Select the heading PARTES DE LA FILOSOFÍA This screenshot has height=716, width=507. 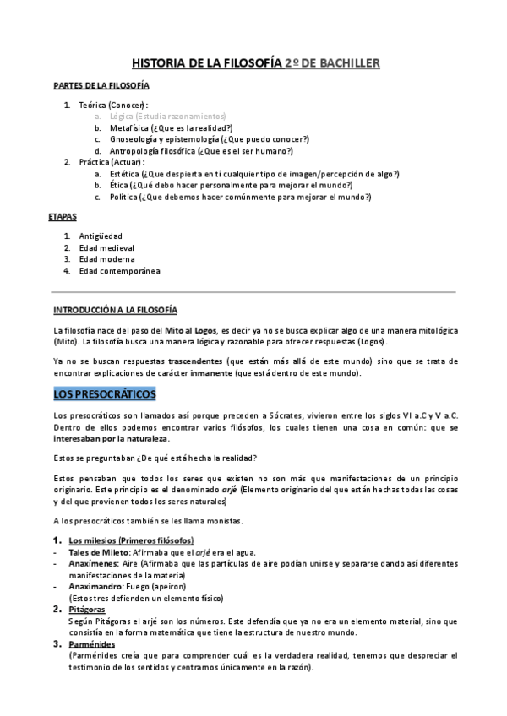(101, 86)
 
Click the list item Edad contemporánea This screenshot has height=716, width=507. (119, 271)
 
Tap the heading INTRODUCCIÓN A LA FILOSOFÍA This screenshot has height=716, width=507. (115, 309)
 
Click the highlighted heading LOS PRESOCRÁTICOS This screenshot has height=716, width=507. (110, 394)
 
